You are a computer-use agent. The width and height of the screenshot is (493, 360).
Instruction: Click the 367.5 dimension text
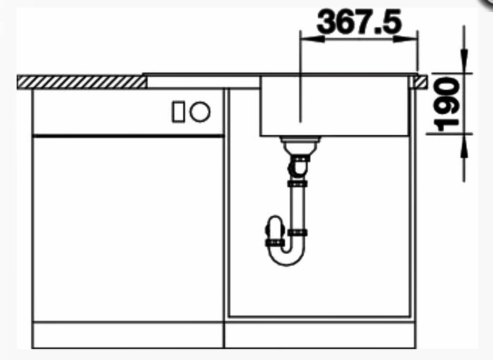tap(359, 21)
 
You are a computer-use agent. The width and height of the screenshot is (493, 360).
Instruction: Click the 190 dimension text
tap(446, 104)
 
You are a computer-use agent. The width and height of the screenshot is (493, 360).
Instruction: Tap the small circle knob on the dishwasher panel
tap(200, 112)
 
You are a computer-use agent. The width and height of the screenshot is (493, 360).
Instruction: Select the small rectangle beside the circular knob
tap(178, 112)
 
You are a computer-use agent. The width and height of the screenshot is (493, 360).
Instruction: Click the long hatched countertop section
tap(82, 82)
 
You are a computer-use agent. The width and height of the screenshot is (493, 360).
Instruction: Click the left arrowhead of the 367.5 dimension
tap(312, 39)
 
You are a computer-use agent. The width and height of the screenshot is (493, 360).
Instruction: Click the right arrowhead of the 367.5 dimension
tap(405, 39)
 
